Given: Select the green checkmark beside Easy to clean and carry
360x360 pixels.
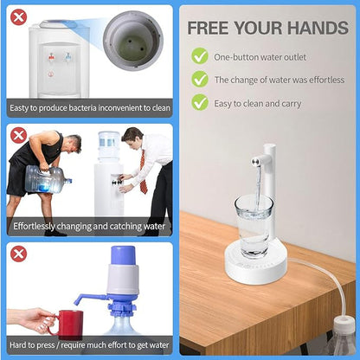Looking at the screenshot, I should (200, 104).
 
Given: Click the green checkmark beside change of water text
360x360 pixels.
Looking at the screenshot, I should (200, 80).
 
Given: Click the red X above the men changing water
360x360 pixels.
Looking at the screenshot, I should (18, 135).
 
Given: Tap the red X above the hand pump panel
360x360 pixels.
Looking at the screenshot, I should (18, 254).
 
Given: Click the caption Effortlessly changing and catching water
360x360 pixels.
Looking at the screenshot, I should (90, 228).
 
